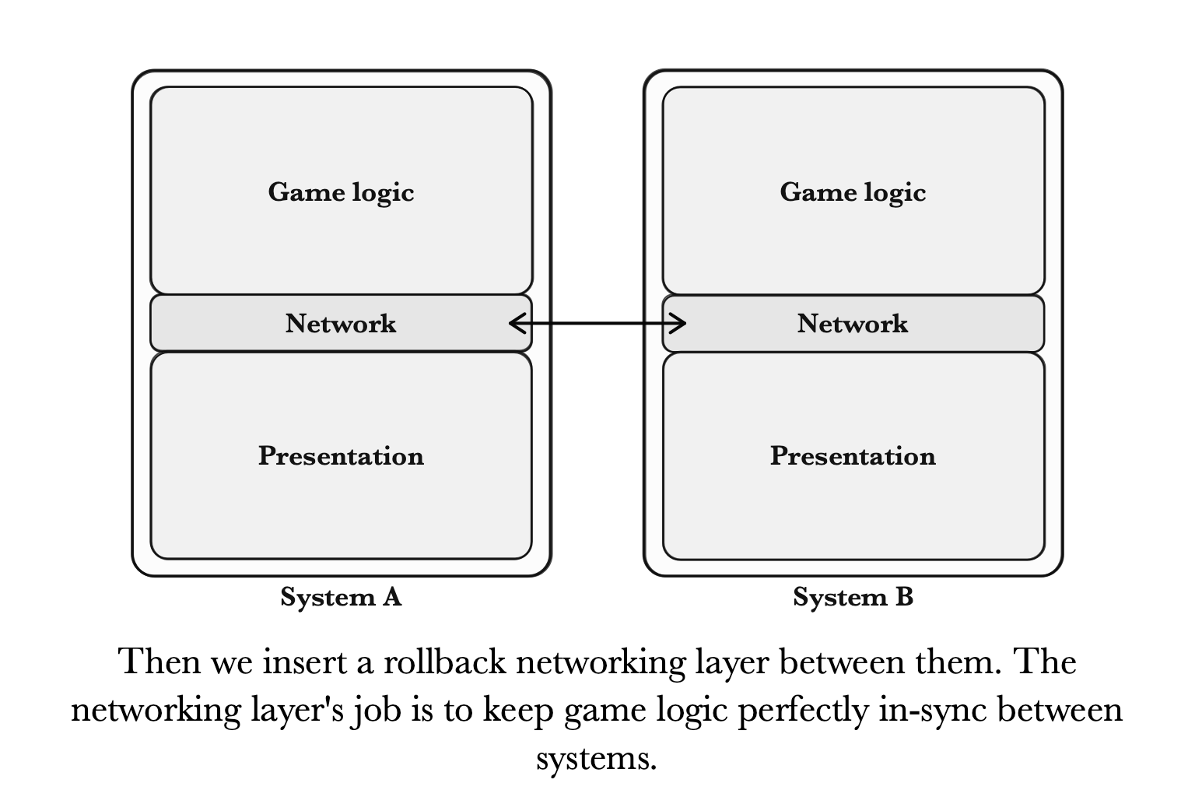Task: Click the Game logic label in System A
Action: pyautogui.click(x=341, y=192)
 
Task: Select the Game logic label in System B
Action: pyautogui.click(x=853, y=192)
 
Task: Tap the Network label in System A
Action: pyautogui.click(x=341, y=323)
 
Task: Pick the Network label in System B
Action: pyautogui.click(x=853, y=323)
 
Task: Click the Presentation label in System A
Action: pyautogui.click(x=341, y=455)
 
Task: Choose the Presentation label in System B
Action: pyautogui.click(x=853, y=455)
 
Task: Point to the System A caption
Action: pyautogui.click(x=341, y=597)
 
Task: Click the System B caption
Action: pyautogui.click(x=853, y=597)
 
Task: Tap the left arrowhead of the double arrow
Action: pyautogui.click(x=515, y=323)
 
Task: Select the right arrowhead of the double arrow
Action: pyautogui.click(x=679, y=323)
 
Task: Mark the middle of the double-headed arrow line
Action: pyautogui.click(x=597, y=323)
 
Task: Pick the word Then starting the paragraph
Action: pyautogui.click(x=159, y=662)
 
